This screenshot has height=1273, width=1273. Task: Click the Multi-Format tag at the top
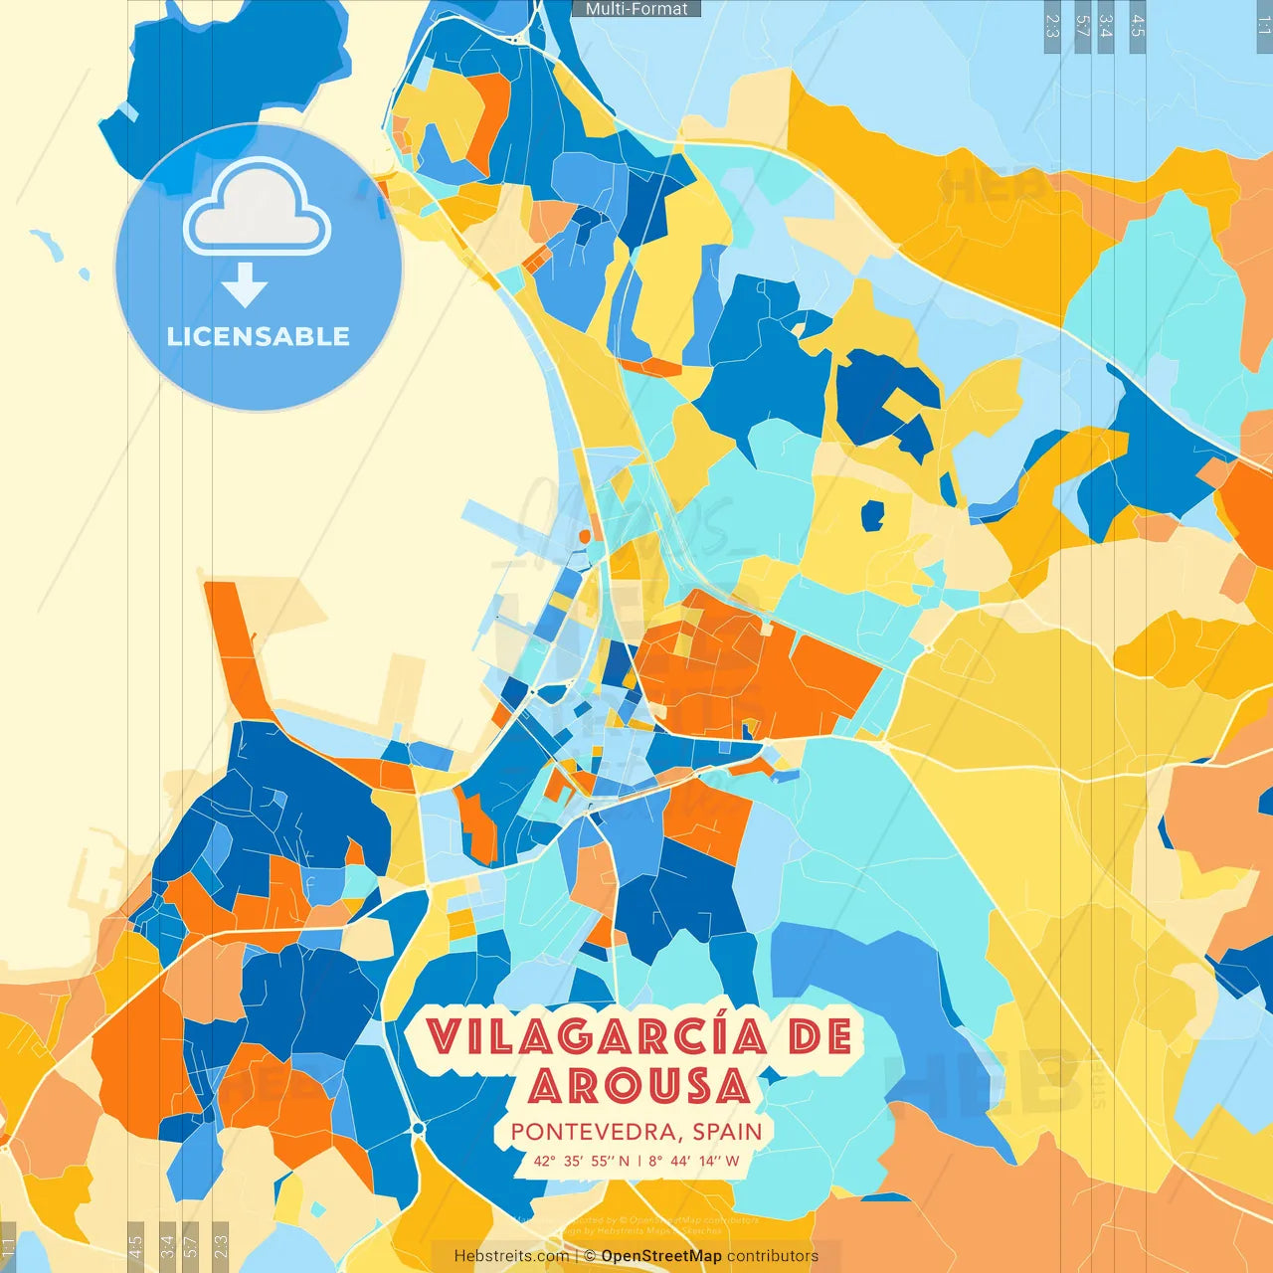click(x=636, y=9)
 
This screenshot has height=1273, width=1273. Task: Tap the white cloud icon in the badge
click(x=258, y=209)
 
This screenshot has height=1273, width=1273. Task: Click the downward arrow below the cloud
click(x=245, y=284)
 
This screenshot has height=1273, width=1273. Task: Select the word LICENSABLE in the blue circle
click(x=259, y=336)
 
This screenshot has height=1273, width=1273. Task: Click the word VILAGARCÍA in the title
click(x=598, y=1037)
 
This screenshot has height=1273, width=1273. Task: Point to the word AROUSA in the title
click(x=638, y=1086)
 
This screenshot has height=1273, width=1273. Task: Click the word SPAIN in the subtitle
click(x=728, y=1132)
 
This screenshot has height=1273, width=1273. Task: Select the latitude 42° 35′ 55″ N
click(x=582, y=1161)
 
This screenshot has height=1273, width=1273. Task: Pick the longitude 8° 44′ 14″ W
click(x=694, y=1161)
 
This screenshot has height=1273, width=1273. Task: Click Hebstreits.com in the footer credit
click(x=511, y=1256)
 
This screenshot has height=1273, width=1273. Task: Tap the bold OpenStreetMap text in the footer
click(x=661, y=1256)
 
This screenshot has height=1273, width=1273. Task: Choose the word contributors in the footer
click(x=773, y=1256)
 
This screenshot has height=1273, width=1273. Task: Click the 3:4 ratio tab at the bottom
click(x=167, y=1244)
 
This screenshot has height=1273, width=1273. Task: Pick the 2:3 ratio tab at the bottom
click(x=221, y=1244)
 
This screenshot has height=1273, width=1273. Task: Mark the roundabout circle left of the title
click(x=418, y=1128)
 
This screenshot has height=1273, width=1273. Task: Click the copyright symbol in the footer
click(x=590, y=1256)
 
